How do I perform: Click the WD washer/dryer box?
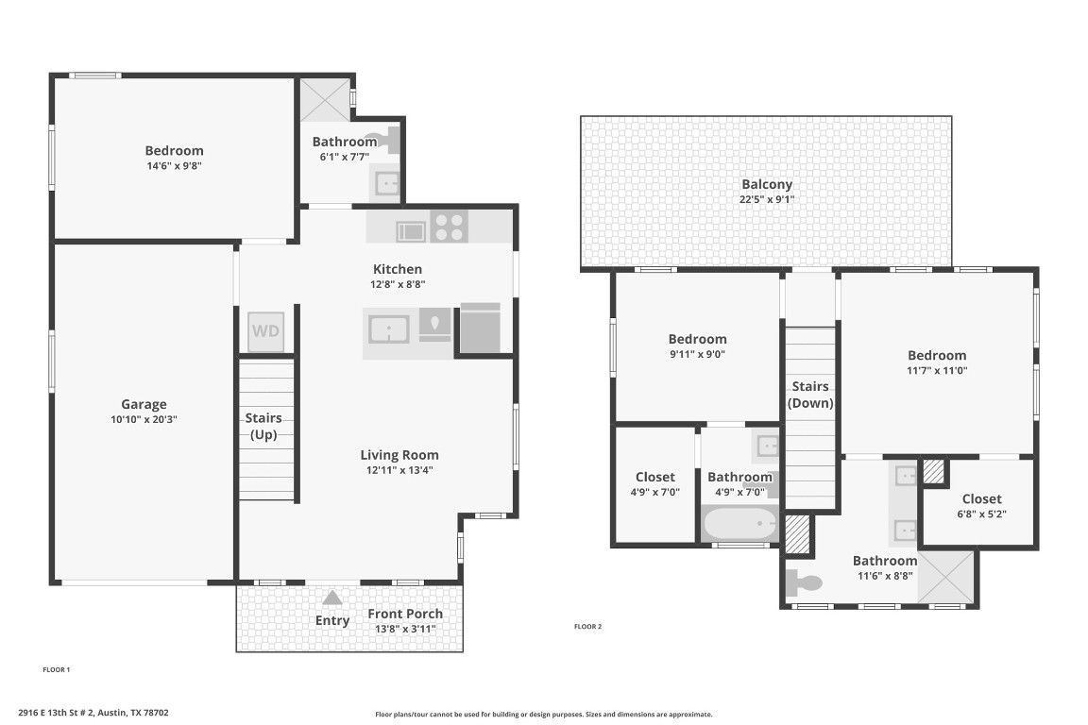click(265, 332)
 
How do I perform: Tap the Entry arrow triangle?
click(332, 598)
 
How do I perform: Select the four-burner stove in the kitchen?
click(450, 228)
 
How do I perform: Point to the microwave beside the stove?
click(410, 228)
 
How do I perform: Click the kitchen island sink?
click(388, 330)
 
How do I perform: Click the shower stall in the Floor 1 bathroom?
click(323, 99)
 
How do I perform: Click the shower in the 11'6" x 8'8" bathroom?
click(947, 578)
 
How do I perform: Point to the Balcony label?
click(767, 185)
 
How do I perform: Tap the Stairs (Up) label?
click(263, 426)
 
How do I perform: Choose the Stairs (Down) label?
click(810, 395)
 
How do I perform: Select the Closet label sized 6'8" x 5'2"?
click(981, 498)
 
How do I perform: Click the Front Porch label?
click(405, 614)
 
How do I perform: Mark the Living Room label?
click(399, 454)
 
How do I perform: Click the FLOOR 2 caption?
click(587, 626)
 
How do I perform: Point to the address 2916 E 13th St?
click(93, 713)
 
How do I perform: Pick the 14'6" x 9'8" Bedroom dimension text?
click(174, 165)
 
